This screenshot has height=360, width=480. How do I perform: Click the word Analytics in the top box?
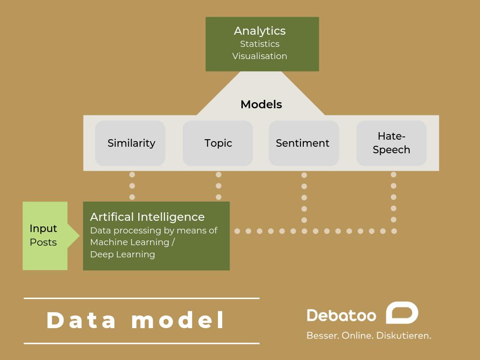260,31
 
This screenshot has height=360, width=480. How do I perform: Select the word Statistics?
260,44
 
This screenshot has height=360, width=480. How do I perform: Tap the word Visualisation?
260,56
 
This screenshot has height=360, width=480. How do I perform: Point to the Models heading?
261,105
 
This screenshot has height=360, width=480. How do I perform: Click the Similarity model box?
131,143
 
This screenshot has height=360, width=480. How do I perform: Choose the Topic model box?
218,143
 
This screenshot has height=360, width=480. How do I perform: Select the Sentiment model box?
303,143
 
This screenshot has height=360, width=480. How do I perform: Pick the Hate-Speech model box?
391,143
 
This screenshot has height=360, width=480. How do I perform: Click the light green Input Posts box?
45,235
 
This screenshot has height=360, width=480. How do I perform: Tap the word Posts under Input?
43,242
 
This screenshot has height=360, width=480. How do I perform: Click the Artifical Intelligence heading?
147,217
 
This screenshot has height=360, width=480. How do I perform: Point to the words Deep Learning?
122,255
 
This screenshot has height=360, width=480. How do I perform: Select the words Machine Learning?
129,242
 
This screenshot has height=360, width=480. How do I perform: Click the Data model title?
136,321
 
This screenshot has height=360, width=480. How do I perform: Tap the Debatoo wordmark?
341,315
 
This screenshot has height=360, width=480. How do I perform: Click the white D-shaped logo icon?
402,313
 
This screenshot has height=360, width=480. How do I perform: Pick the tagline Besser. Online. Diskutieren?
368,336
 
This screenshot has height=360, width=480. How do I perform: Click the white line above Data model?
142,298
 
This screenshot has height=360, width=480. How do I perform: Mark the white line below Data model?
142,344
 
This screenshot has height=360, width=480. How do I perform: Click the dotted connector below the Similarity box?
132,186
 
